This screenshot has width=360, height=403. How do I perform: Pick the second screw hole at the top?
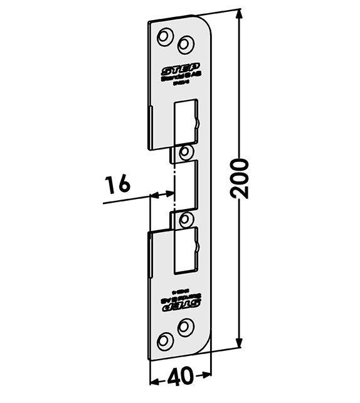(184, 43)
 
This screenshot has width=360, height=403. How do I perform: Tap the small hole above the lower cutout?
(184, 219)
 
